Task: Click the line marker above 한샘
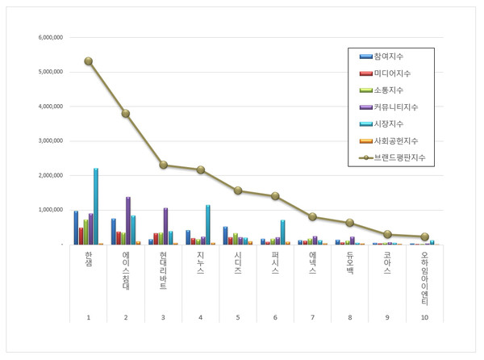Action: [x=88, y=61]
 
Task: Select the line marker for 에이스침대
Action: [x=126, y=113]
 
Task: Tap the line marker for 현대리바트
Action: [x=163, y=165]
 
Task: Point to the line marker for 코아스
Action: [x=387, y=234]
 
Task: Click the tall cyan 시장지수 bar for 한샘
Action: [x=96, y=206]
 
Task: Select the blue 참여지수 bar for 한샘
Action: [x=76, y=228]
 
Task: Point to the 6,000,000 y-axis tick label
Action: [x=51, y=37]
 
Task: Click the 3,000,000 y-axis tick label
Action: [x=51, y=140]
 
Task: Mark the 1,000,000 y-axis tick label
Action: [x=51, y=210]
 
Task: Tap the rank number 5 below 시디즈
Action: [x=238, y=316]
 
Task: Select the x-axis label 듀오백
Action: [x=350, y=262]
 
